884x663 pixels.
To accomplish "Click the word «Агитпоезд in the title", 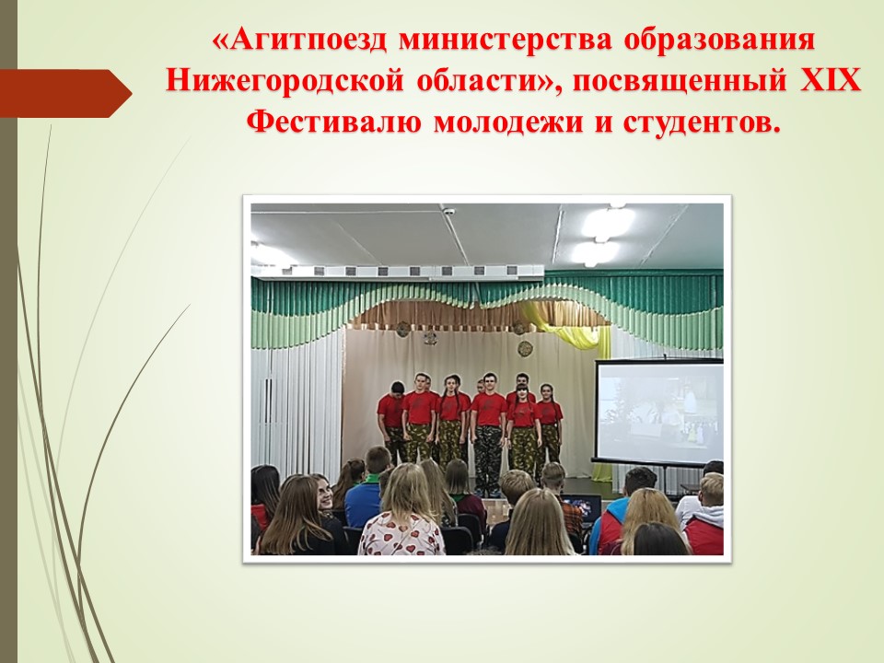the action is point(302,40).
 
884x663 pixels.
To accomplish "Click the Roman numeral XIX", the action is point(830,80).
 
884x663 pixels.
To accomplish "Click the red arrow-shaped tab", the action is point(65,94).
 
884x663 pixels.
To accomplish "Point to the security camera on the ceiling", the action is point(448,212).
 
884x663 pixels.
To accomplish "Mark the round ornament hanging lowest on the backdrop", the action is point(525,348).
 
